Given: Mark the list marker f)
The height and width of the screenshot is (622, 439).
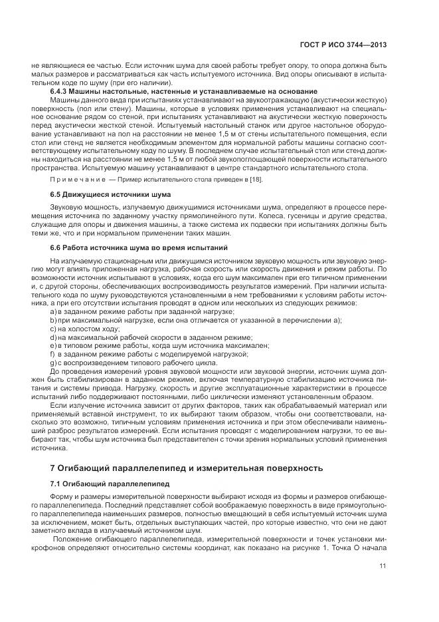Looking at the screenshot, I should [53, 355].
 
